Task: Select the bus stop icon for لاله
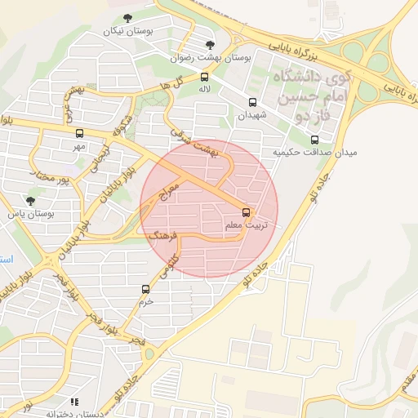[x=203, y=77]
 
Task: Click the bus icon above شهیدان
[x=252, y=103]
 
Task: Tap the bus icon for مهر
[x=79, y=133]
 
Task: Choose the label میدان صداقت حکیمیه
[x=314, y=153]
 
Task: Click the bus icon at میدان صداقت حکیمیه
[x=315, y=139]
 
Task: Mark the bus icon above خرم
[x=146, y=288]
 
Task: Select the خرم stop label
[x=146, y=301]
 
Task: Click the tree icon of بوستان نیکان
[x=127, y=17]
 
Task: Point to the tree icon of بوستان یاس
[x=31, y=200]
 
